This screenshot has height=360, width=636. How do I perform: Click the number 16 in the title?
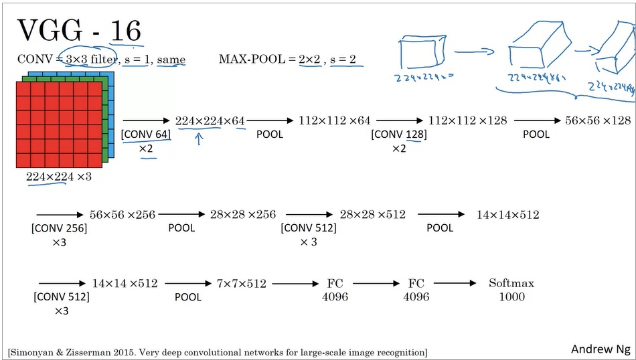125,31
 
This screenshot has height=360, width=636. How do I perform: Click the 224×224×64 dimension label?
210,121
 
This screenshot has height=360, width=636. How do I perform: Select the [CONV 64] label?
146,134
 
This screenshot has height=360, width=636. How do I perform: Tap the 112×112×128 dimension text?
467,121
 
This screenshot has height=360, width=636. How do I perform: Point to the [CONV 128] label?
399,134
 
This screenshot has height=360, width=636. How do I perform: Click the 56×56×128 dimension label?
598,121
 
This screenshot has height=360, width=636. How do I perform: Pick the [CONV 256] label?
59,228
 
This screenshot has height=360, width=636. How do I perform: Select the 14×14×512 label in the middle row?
507,215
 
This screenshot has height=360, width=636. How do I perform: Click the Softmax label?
512,283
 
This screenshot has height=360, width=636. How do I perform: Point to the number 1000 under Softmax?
512,296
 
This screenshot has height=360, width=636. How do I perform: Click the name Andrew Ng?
600,349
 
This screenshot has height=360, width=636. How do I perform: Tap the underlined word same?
171,60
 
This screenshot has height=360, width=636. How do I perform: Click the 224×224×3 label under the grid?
59,177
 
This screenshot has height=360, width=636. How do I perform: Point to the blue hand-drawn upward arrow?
199,139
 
